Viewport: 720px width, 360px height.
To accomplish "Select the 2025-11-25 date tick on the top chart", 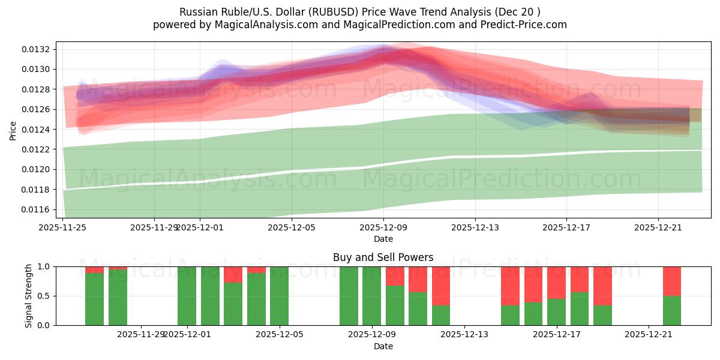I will tap(63, 227).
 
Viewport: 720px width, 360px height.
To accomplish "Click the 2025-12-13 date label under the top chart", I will tap(475, 227).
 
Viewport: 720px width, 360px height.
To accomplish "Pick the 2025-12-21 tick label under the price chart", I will tap(658, 227).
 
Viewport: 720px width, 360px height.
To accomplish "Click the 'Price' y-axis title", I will tap(13, 130).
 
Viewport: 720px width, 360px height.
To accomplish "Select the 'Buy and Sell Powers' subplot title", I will tap(383, 257).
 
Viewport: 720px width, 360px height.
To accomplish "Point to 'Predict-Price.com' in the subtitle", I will tap(526, 25).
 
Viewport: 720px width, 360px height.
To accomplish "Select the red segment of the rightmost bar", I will tap(671, 281).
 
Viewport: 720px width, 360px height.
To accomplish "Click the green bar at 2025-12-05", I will tap(279, 296).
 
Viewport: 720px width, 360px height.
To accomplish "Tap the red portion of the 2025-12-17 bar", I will tap(556, 282).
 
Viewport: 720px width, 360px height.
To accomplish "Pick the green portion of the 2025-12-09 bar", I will tap(371, 296).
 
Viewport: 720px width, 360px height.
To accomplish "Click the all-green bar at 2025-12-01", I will tap(187, 296).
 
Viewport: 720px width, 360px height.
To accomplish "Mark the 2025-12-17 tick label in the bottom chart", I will tap(556, 334).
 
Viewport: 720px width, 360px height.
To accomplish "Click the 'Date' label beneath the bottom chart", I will tap(383, 346).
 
